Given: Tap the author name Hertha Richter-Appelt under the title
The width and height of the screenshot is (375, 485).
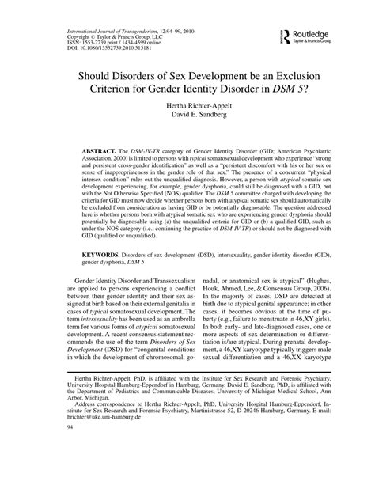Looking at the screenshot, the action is pos(187,104).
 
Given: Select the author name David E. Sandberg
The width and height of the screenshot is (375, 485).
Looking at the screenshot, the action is pos(187,115).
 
